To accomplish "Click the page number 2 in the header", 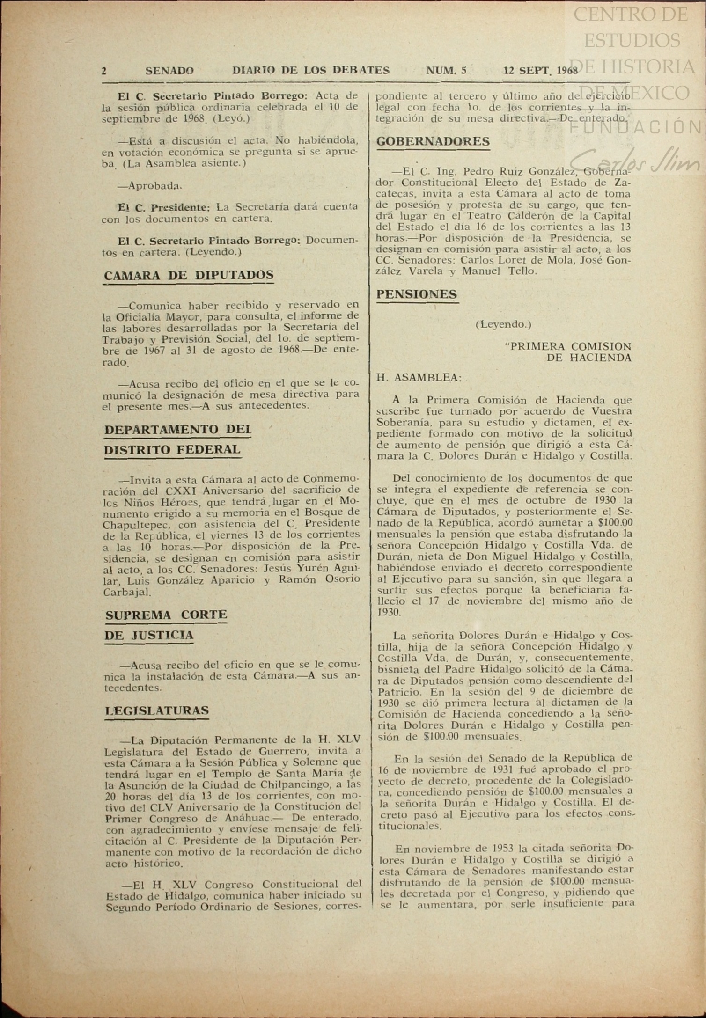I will pyautogui.click(x=104, y=71).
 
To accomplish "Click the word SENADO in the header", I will pyautogui.click(x=169, y=71).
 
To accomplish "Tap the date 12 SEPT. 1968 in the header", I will pyautogui.click(x=541, y=71).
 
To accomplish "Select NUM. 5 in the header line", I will pyautogui.click(x=446, y=71).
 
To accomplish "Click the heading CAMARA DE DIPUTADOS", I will pyautogui.click(x=189, y=275).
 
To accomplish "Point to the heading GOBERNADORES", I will pyautogui.click(x=433, y=141).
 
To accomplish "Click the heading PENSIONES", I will pyautogui.click(x=417, y=294).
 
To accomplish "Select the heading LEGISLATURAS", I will pyautogui.click(x=157, y=710).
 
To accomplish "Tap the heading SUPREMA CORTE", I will pyautogui.click(x=166, y=615).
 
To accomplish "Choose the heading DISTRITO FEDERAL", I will pyautogui.click(x=172, y=449).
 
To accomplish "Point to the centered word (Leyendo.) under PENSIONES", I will pyautogui.click(x=503, y=324).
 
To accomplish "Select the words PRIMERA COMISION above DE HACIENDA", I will pyautogui.click(x=569, y=347).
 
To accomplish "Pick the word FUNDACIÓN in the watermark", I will pyautogui.click(x=637, y=126).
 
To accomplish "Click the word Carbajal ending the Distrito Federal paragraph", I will pyautogui.click(x=127, y=592).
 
